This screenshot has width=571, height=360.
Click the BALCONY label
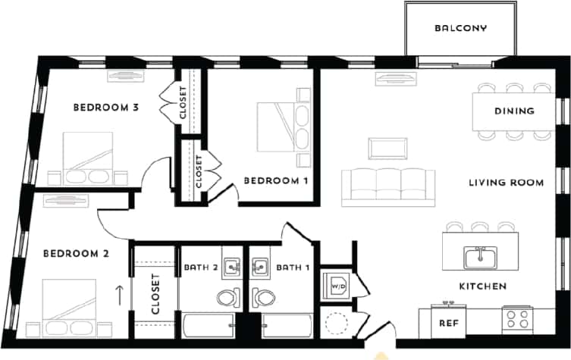pos(460,29)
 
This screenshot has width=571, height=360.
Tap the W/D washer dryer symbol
pos(334,286)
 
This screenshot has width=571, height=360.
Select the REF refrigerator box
pos(447,322)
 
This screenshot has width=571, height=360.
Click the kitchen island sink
pos(480,258)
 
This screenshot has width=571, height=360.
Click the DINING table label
pos(514,111)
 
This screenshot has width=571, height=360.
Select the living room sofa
pos(388,186)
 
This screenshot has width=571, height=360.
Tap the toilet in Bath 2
pos(227,296)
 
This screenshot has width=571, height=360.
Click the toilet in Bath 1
pos(265,296)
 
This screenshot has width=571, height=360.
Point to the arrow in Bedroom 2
pos(118,290)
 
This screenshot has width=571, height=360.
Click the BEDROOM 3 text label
pos(105,108)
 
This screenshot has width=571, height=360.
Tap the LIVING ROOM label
pos(506,183)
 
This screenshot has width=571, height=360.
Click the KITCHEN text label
pos(482,286)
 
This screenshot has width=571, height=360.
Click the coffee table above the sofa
pos(387,148)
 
